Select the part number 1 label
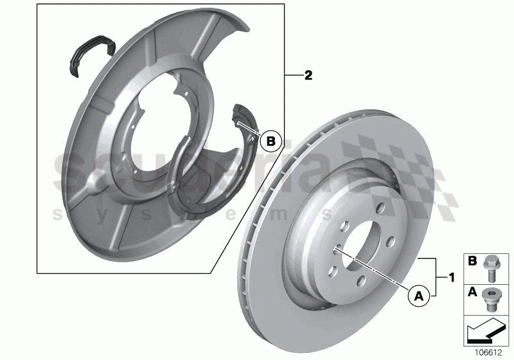pos(452,278)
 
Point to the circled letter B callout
pos(272,140)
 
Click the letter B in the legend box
pos(472,262)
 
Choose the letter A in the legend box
pos(472,292)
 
